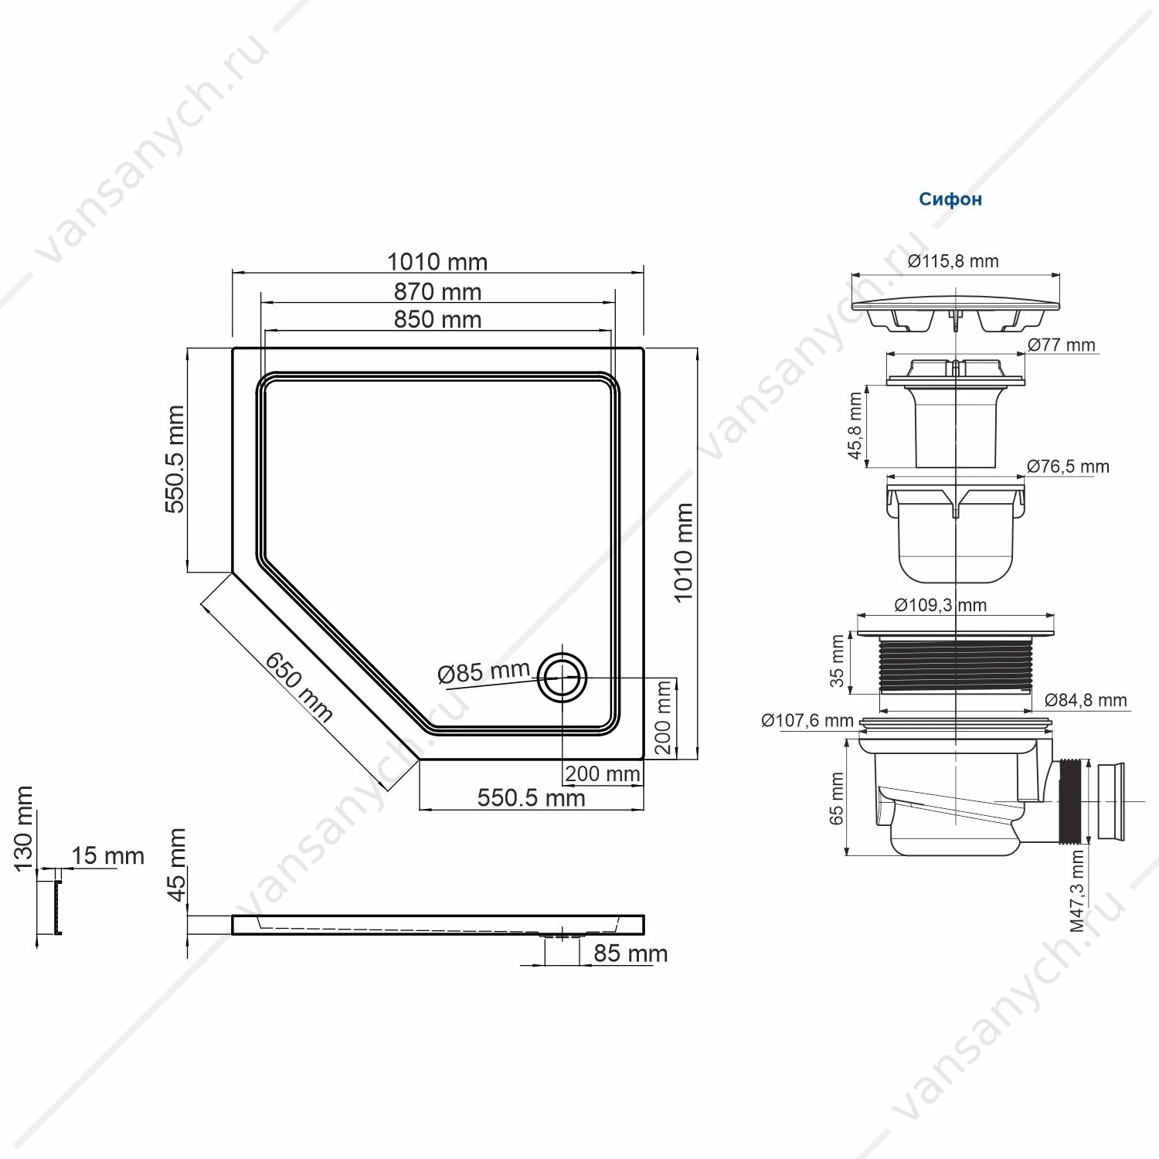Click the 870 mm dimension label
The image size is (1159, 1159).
pyautogui.click(x=437, y=292)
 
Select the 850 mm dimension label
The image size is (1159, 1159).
pyautogui.click(x=437, y=319)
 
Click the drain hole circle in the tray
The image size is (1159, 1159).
pyautogui.click(x=563, y=677)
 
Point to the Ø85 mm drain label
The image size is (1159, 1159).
pyautogui.click(x=484, y=672)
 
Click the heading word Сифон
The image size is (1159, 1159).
pyautogui.click(x=950, y=199)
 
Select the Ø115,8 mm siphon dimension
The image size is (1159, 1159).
pyautogui.click(x=953, y=261)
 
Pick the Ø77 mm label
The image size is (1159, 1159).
pyautogui.click(x=1062, y=345)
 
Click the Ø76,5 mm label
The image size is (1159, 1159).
pyautogui.click(x=1068, y=467)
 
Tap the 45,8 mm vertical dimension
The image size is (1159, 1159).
pyautogui.click(x=855, y=426)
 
